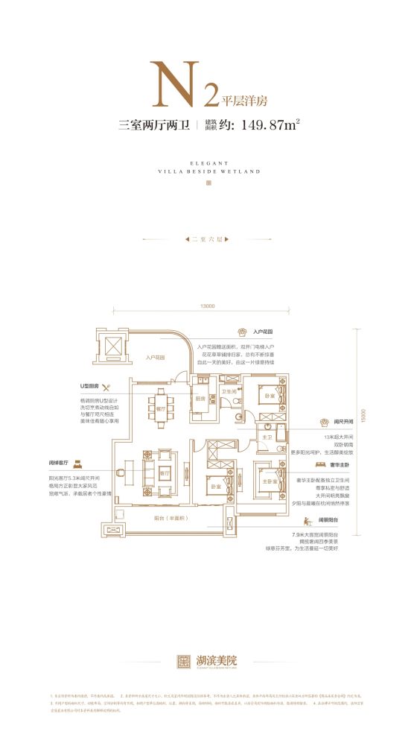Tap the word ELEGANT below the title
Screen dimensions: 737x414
206,162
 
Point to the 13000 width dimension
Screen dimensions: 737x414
207,307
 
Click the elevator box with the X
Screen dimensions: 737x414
112,348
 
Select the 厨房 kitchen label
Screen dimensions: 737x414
200,398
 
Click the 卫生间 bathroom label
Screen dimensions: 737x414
229,391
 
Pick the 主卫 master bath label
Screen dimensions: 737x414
265,437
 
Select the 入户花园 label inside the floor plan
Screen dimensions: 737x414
156,358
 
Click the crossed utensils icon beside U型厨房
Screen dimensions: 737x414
106,387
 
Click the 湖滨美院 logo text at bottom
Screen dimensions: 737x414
219,660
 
